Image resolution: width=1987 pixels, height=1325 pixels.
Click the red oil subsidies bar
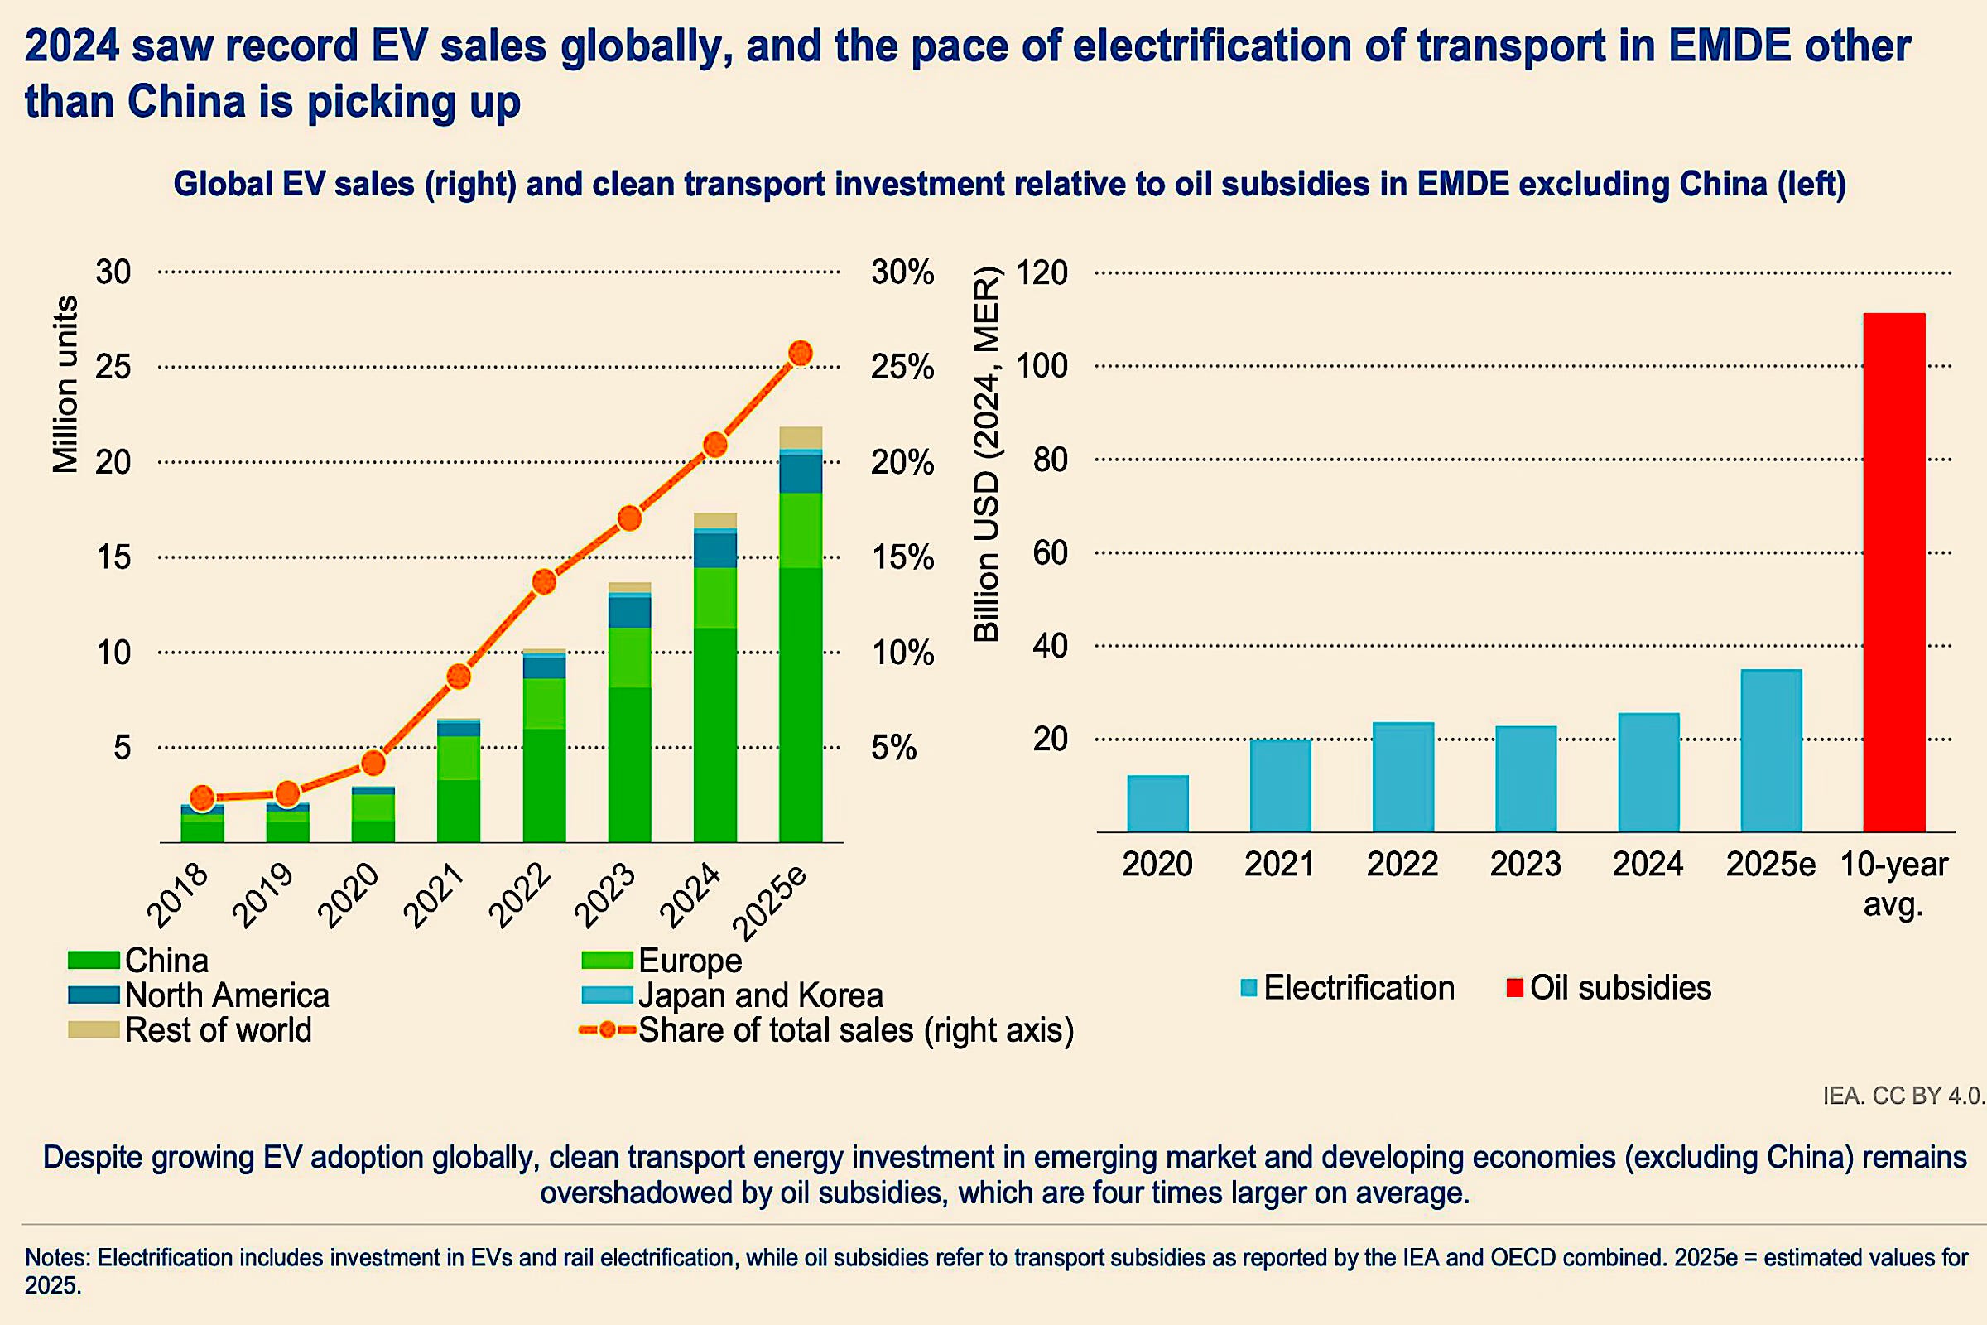click(1894, 572)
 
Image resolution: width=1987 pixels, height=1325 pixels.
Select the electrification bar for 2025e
click(1771, 750)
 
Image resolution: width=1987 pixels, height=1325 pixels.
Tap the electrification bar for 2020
click(1157, 802)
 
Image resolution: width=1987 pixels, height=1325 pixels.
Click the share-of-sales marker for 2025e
click(800, 354)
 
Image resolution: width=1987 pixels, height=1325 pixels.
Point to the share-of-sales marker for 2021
click(459, 676)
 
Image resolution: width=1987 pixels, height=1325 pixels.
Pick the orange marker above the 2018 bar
click(202, 797)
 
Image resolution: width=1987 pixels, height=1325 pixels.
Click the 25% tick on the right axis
click(902, 367)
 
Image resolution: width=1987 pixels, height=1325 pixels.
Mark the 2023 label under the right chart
click(1525, 864)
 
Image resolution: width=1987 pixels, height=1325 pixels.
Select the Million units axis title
click(66, 384)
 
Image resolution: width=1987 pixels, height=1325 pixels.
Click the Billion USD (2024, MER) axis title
click(987, 455)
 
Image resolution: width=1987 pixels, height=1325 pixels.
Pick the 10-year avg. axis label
click(1893, 883)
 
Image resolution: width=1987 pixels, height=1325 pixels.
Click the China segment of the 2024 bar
click(714, 735)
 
